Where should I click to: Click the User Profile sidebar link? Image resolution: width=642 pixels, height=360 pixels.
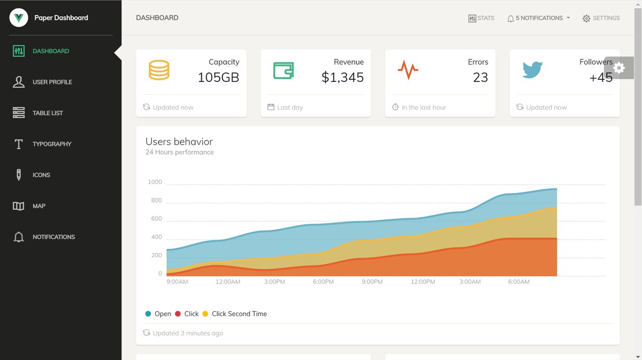click(42, 82)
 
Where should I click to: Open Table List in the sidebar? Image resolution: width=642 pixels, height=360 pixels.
click(38, 113)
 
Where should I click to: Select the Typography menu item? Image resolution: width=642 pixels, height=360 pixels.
click(42, 144)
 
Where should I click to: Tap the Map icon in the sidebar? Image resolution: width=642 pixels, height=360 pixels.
click(19, 206)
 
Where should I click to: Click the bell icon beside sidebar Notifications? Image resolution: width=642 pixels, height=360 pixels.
click(19, 237)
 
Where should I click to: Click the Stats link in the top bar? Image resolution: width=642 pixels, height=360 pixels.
click(481, 18)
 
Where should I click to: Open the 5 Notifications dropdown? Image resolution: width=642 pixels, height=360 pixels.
click(539, 18)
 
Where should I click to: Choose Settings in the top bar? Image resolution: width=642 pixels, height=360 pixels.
click(601, 18)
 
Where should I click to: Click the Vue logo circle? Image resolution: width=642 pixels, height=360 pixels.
click(19, 18)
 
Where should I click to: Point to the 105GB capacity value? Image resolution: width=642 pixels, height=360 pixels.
click(218, 78)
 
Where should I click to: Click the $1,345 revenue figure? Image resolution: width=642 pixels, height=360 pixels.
click(342, 78)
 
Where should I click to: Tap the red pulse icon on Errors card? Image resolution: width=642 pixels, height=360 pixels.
click(408, 70)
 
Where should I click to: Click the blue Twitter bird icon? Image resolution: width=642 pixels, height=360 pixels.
click(532, 70)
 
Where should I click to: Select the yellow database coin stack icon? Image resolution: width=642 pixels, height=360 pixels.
click(159, 70)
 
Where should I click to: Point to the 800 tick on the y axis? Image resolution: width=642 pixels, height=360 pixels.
click(156, 200)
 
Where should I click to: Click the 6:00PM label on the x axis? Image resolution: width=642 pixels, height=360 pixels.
click(323, 282)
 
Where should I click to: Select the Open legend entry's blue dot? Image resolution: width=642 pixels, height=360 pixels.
click(148, 314)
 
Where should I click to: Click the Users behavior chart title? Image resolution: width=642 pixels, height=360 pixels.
click(179, 142)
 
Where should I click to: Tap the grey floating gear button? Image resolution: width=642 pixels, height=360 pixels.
click(619, 68)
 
